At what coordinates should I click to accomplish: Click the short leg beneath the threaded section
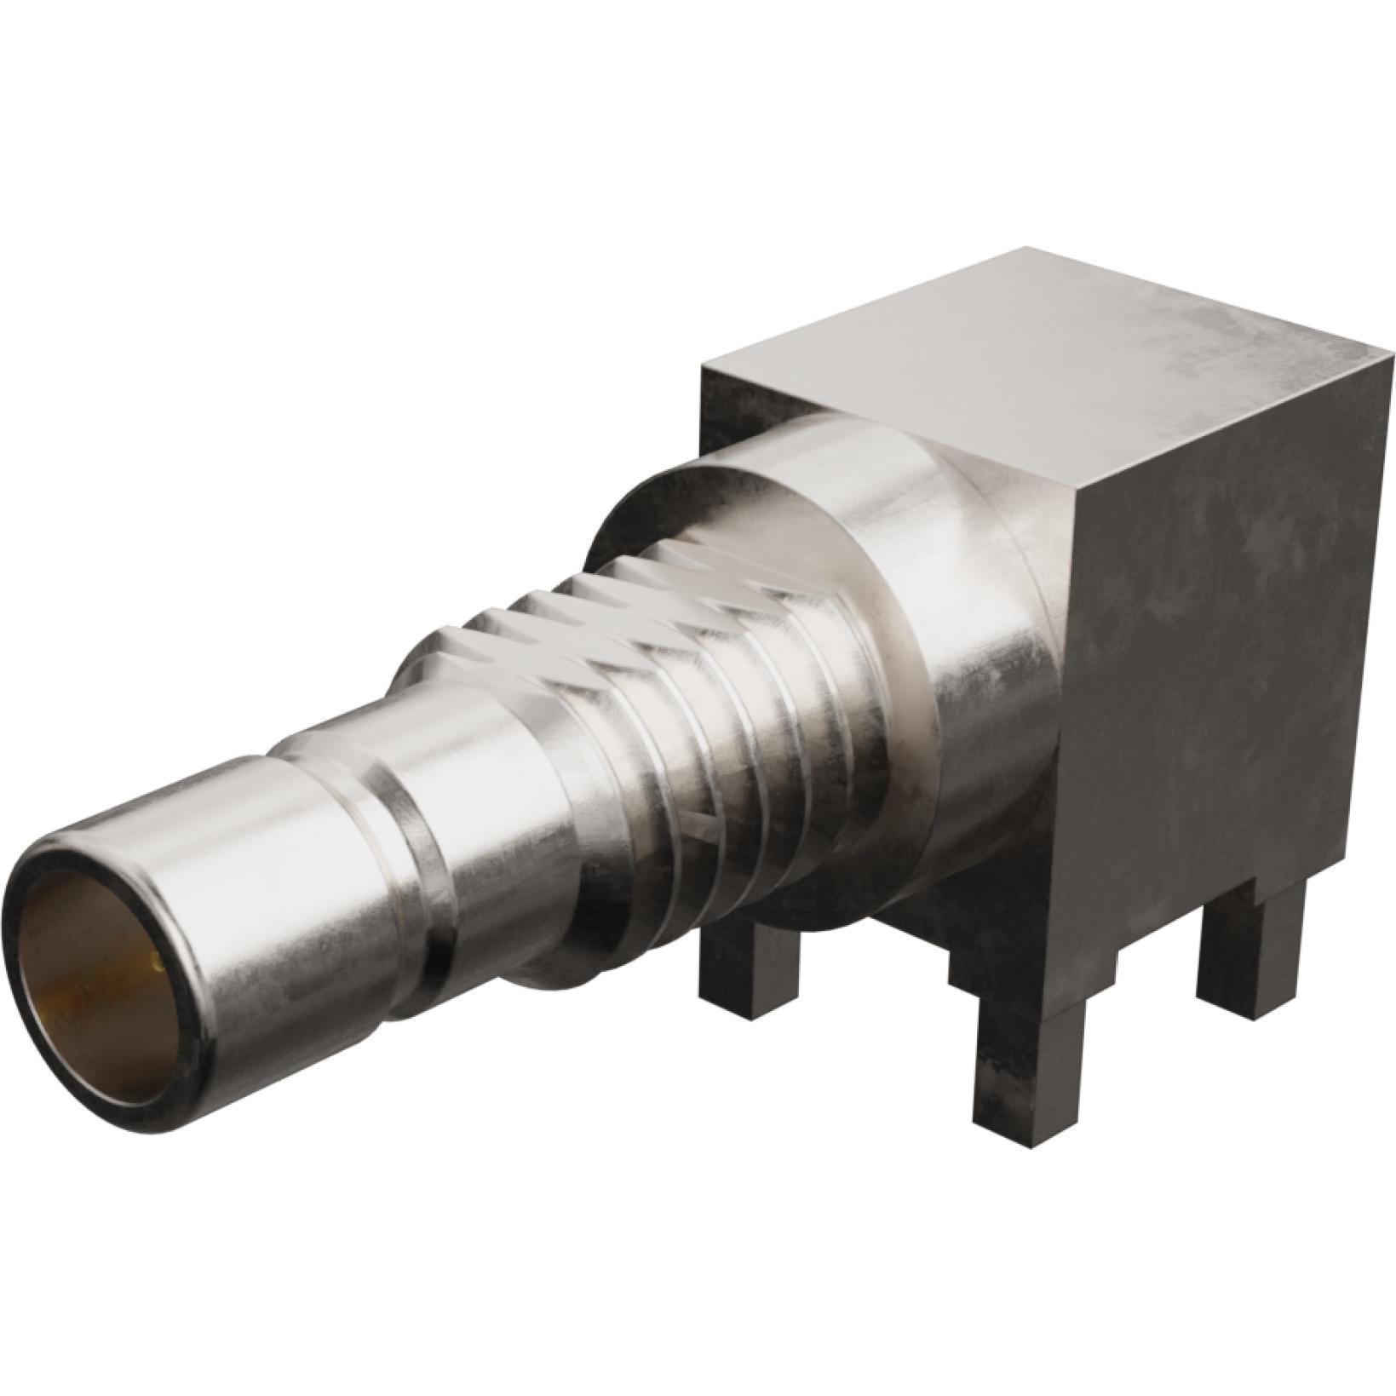pos(750,979)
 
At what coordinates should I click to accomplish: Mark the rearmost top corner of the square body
pos(1026,249)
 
